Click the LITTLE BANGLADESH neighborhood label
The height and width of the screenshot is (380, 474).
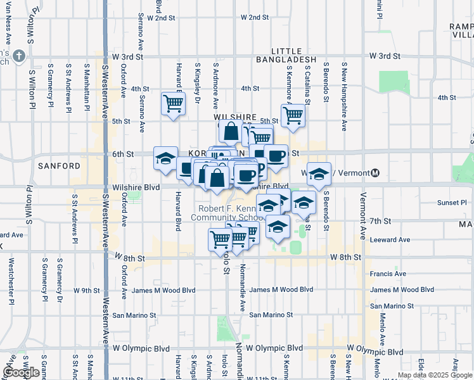[x=293, y=55]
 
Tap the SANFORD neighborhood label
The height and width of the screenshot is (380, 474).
[x=60, y=166]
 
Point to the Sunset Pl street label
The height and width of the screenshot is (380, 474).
[x=452, y=203]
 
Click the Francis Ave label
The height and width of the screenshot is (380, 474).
[x=388, y=274]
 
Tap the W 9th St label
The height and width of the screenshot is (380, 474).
[x=87, y=290]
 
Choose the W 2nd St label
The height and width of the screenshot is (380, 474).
[x=160, y=18]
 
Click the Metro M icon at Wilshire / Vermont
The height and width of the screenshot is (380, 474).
[x=375, y=173]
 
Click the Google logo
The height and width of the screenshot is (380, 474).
[x=22, y=372]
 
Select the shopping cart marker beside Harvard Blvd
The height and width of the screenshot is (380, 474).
[x=173, y=103]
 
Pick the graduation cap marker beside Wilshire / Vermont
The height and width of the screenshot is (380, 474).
[x=319, y=173]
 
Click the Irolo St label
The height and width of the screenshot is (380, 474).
[x=225, y=260]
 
